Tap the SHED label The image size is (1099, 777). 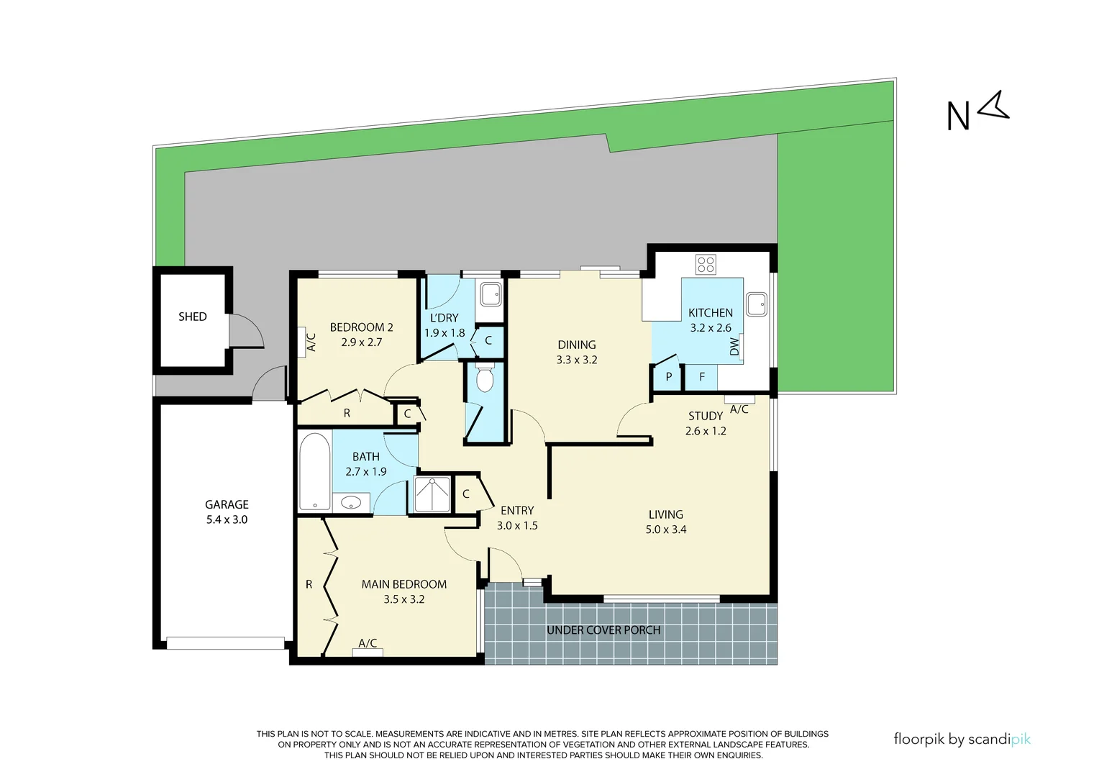(192, 317)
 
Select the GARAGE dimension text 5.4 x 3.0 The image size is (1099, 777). (227, 519)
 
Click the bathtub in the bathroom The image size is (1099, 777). (314, 472)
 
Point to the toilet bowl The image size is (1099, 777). (485, 379)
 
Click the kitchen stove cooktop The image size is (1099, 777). (706, 264)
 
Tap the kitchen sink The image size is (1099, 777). (756, 304)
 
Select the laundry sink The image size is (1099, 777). (491, 294)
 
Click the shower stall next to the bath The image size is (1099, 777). (432, 494)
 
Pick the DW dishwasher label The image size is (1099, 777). (734, 347)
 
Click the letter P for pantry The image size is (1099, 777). (669, 376)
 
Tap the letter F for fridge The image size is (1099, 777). (702, 376)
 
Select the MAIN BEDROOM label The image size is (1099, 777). (403, 584)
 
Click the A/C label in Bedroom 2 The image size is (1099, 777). (311, 341)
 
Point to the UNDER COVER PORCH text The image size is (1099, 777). (603, 630)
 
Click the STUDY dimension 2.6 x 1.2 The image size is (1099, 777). (706, 431)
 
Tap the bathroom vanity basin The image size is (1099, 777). (351, 502)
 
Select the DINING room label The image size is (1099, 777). (576, 345)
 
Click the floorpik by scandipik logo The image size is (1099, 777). (962, 739)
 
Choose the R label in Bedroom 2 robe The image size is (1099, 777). (347, 414)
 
